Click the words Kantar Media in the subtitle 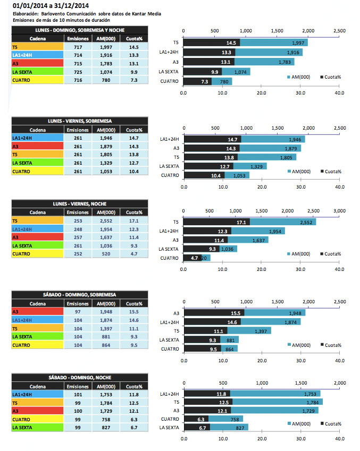[146, 13]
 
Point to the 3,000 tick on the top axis [339, 211]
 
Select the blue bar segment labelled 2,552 [283, 222]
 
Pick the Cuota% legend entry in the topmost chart [330, 78]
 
